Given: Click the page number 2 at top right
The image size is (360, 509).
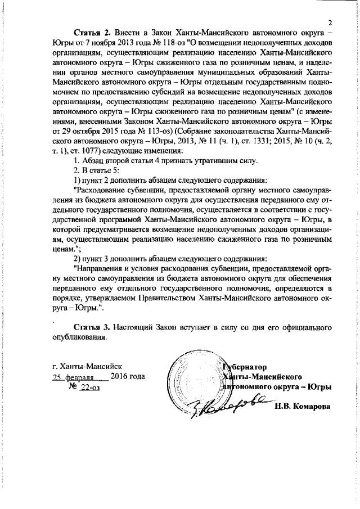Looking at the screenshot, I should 331,22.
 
